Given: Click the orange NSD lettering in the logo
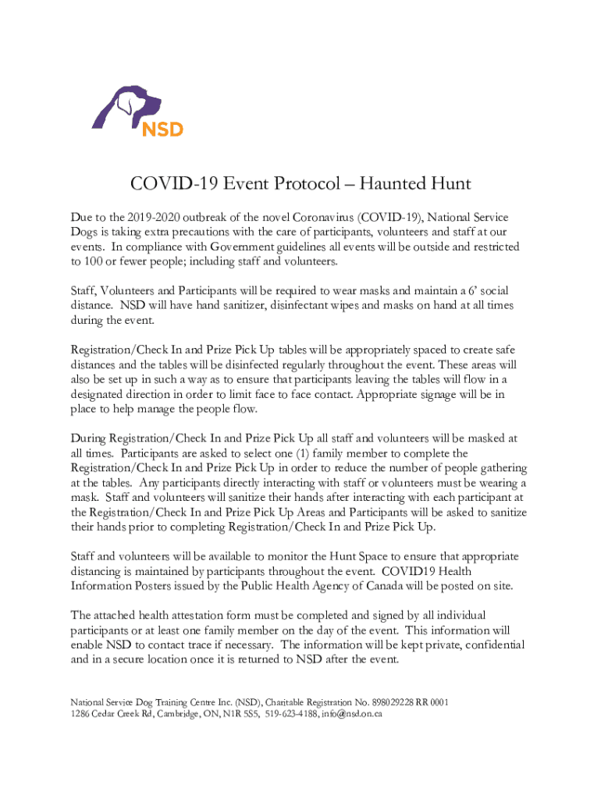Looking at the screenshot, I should point(162,126).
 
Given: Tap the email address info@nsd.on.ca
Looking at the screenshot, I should point(352,714).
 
